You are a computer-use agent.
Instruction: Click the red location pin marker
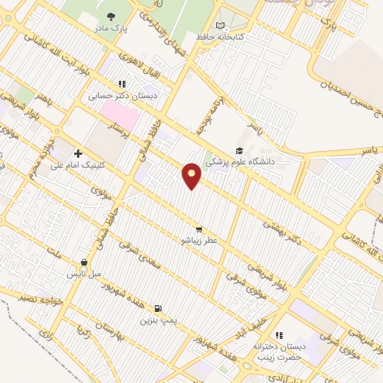point(192,175)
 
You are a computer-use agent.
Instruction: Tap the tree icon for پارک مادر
point(111,16)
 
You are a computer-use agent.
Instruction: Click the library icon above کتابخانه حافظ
point(220,25)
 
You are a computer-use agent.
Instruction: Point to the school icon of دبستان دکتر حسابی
point(122,85)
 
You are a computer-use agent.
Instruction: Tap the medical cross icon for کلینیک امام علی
point(78,153)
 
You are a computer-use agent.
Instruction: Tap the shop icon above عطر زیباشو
point(198,230)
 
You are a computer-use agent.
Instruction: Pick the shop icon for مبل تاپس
point(84,263)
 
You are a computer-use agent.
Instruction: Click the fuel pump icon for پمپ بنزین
point(157,308)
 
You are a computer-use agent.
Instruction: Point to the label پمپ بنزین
point(158,319)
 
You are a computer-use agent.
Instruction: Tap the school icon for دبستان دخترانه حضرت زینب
point(279,335)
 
